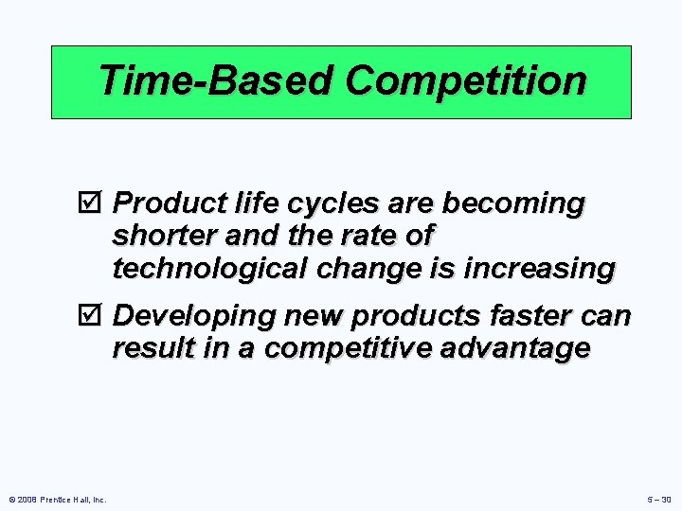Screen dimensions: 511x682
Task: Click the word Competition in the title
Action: (x=465, y=81)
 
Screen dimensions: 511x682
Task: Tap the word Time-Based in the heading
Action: (x=216, y=81)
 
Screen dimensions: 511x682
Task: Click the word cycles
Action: (x=307, y=204)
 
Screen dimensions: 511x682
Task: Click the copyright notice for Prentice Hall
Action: (x=58, y=499)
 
